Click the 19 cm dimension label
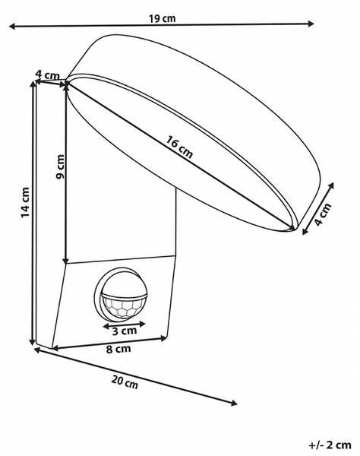click(162, 18)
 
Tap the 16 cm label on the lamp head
click(179, 147)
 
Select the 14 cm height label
click(26, 202)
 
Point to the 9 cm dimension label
click(60, 166)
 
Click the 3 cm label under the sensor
click(125, 331)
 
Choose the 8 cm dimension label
click(118, 349)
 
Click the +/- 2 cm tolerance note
click(330, 445)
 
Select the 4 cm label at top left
click(47, 74)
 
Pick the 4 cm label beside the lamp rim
click(323, 214)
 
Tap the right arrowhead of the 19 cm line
click(311, 24)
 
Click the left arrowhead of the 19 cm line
click(12, 27)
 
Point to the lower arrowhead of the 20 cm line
click(234, 403)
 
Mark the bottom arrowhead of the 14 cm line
click(33, 341)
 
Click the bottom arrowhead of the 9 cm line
click(66, 260)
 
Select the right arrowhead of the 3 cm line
click(142, 324)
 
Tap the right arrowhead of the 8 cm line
click(164, 338)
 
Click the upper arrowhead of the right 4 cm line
click(330, 185)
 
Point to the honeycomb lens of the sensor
click(124, 308)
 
